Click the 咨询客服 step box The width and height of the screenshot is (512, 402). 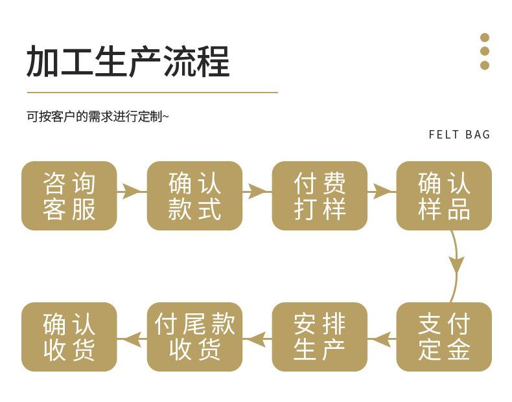pyautogui.click(x=69, y=195)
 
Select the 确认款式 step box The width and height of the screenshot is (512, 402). pyautogui.click(x=194, y=195)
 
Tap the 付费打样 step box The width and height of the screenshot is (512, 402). pyautogui.click(x=320, y=195)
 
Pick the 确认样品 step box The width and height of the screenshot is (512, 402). pyautogui.click(x=444, y=195)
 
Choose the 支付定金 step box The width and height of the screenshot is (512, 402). pyautogui.click(x=444, y=337)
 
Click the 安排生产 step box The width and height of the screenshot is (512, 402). pyautogui.click(x=320, y=337)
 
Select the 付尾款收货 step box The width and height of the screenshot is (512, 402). pyautogui.click(x=194, y=337)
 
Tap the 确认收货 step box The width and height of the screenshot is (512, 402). pyautogui.click(x=69, y=337)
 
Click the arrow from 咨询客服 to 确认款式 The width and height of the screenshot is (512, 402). pyautogui.click(x=132, y=192)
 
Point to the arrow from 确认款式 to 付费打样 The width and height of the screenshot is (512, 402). pyautogui.click(x=257, y=192)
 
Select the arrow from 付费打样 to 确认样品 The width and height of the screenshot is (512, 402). pyautogui.click(x=382, y=192)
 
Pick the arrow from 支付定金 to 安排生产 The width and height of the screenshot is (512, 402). pyautogui.click(x=382, y=339)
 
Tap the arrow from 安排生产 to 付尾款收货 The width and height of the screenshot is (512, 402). pyautogui.click(x=257, y=339)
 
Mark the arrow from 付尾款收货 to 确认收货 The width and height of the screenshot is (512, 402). pyautogui.click(x=132, y=339)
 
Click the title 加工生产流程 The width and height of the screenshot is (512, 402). pyautogui.click(x=128, y=61)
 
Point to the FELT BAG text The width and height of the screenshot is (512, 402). pyautogui.click(x=459, y=135)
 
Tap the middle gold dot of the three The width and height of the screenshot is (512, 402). pyautogui.click(x=485, y=51)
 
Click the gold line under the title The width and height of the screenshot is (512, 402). pyautogui.click(x=152, y=93)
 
